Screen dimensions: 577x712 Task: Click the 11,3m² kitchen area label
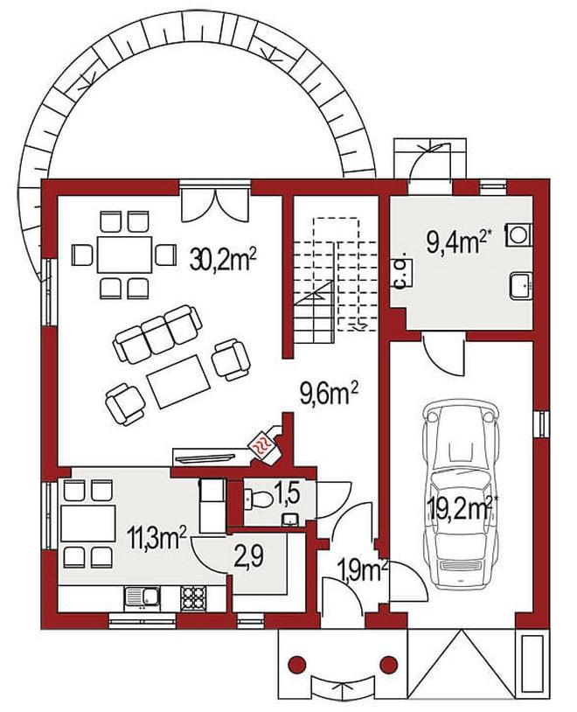[x=157, y=539]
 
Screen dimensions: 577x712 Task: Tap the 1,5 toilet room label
[x=287, y=494]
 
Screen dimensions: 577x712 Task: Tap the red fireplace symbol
[x=263, y=444]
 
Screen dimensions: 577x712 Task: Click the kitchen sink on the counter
[x=142, y=597]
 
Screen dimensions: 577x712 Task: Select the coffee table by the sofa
[x=178, y=381]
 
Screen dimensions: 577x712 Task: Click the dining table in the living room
[x=124, y=255]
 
